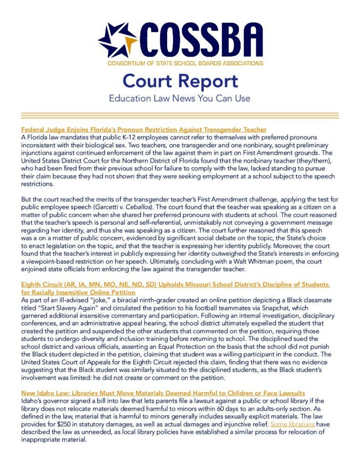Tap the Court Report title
180,81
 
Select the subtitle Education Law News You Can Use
180,98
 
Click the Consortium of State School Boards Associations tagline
185,63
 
